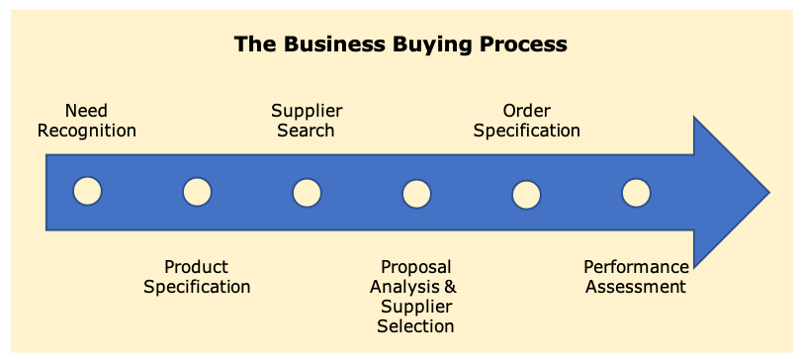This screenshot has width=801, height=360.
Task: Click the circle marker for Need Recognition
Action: (x=87, y=192)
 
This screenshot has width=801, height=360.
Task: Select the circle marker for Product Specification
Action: (x=197, y=192)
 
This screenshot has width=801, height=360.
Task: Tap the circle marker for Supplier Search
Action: (x=307, y=192)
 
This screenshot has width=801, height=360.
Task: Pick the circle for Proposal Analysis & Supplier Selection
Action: (x=416, y=192)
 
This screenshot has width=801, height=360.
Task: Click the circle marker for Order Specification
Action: (x=526, y=192)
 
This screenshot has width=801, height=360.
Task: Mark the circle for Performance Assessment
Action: (x=636, y=192)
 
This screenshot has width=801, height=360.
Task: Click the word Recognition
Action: (x=87, y=131)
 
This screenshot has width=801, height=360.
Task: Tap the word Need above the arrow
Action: (x=86, y=111)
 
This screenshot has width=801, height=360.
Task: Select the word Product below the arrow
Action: (x=196, y=267)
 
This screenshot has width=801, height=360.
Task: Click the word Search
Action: (x=306, y=131)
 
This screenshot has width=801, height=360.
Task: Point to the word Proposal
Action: (x=415, y=267)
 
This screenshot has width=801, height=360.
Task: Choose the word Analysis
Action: (x=404, y=287)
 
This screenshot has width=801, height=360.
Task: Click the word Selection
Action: (x=415, y=326)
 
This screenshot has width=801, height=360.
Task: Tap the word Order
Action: (x=526, y=111)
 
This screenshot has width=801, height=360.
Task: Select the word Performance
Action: (x=636, y=267)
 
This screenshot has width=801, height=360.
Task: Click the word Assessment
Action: (x=636, y=287)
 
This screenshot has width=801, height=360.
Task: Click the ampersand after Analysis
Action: (x=450, y=287)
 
